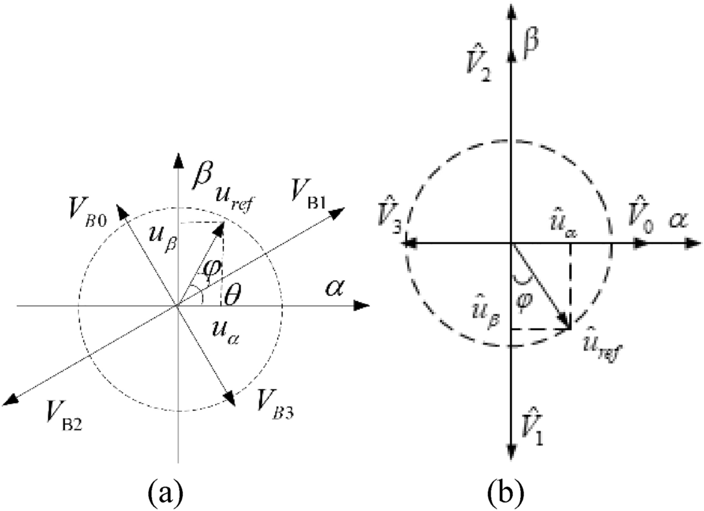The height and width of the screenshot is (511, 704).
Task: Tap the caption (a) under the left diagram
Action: [x=164, y=492]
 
